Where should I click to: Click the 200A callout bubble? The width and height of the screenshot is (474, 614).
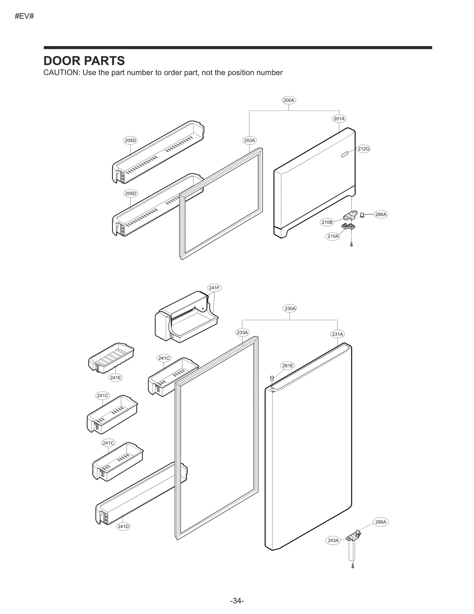point(289,100)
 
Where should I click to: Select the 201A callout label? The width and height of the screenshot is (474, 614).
point(339,119)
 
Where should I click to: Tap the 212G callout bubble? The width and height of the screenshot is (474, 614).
point(363,149)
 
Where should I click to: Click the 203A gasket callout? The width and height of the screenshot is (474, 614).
point(249,141)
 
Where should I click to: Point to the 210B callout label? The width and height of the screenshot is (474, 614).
point(327,222)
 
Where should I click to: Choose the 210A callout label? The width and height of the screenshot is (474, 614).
point(333,236)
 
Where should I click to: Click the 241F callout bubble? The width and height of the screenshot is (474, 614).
point(214,288)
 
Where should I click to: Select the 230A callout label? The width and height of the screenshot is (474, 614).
point(290,308)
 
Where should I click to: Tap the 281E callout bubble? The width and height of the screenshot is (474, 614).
point(288,366)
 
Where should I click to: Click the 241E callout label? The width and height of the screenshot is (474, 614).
point(115,377)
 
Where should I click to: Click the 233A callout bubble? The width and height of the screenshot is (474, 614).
point(242,332)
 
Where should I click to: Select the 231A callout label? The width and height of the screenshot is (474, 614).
point(337,334)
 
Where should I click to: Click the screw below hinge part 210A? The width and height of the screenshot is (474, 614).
point(351,244)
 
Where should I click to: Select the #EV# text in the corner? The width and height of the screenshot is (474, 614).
point(24,16)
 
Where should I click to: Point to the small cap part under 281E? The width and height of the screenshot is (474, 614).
point(271,378)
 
